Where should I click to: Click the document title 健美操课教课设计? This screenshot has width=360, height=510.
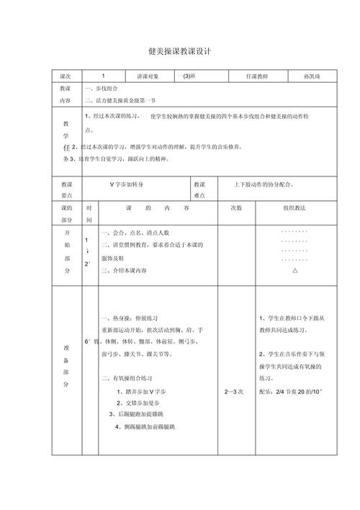[x=179, y=52]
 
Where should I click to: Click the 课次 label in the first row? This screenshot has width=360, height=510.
[x=66, y=75]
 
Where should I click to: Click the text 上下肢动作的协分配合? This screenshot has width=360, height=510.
[x=263, y=184]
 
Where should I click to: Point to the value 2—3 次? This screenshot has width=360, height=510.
[x=235, y=391]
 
